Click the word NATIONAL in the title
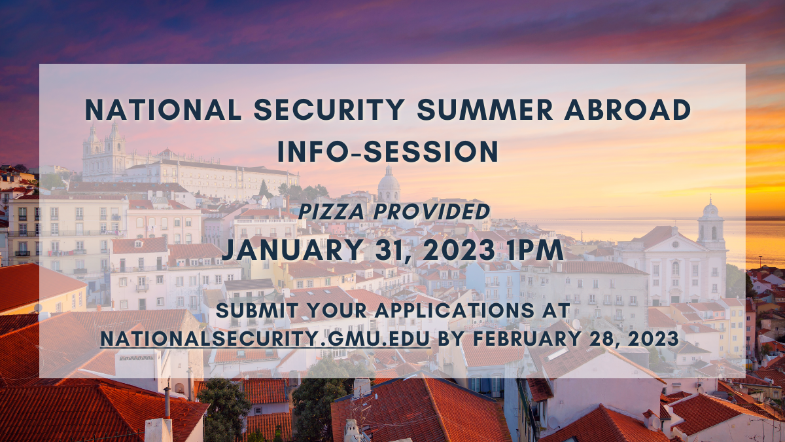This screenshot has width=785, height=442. pos(164,109)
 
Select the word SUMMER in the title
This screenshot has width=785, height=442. pos(485,109)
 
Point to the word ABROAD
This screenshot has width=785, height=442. pos(627,109)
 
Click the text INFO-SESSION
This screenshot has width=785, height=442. pos(388,151)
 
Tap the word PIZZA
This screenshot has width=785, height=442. pos(332,212)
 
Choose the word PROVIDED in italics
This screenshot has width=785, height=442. pos(432,212)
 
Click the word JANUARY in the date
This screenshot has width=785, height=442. pos(292,250)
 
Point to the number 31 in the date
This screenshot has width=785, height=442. pos(389,251)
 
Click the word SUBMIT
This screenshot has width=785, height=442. pos(258,311)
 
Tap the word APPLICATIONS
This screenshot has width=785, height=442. pos(457,311)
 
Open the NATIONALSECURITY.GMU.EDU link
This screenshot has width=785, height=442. pos(266,339)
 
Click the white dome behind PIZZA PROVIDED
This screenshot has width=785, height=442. pos(389,183)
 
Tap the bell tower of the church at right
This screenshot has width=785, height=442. pos(711,225)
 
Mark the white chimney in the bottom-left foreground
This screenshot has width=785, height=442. pos(158,430)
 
